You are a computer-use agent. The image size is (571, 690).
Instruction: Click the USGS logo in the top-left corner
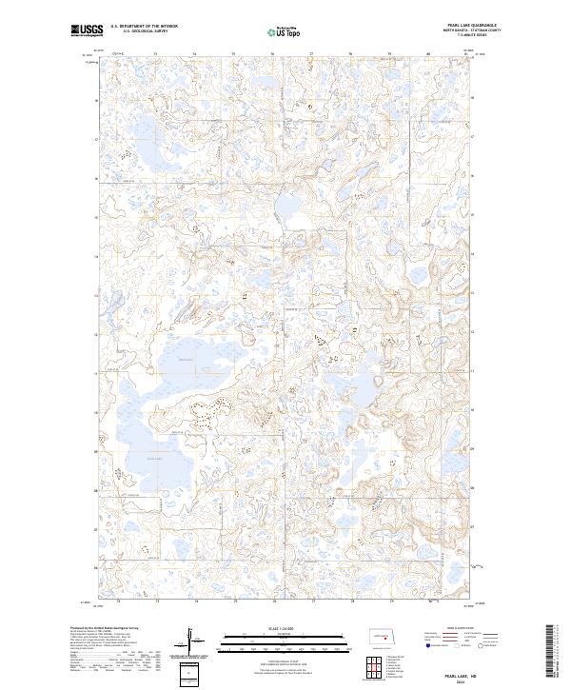(88, 30)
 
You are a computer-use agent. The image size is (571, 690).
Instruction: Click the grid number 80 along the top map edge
(427, 54)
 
